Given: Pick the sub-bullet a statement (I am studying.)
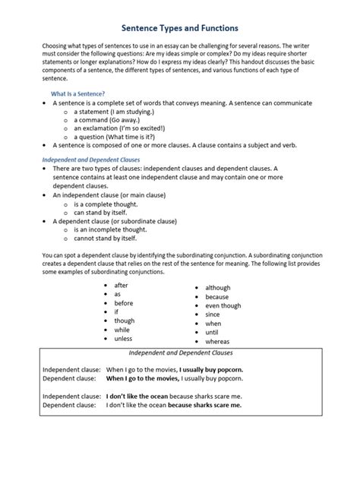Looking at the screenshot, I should click(112, 111).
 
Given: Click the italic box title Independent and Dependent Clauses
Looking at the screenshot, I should click(179, 354).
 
